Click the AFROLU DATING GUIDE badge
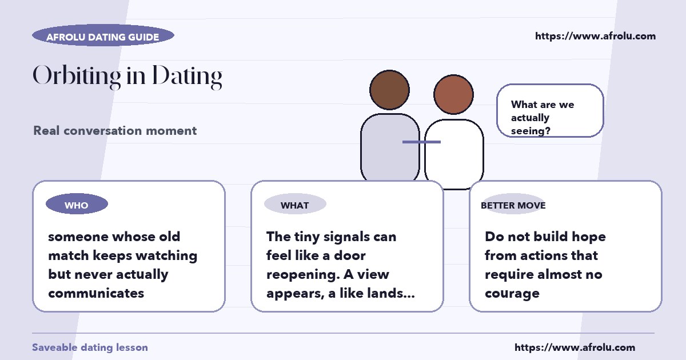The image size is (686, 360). click(x=103, y=35)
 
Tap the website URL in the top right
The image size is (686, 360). click(x=595, y=36)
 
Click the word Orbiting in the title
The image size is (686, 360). click(x=77, y=76)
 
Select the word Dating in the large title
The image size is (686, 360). click(x=187, y=77)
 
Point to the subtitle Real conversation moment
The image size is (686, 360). click(x=115, y=131)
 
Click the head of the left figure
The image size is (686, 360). click(x=389, y=90)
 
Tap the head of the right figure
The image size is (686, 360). click(x=453, y=94)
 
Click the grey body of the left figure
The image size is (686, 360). click(x=389, y=147)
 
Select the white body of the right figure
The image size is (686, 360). click(x=454, y=153)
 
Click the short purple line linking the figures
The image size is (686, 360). click(x=421, y=142)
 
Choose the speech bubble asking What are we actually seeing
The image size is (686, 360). click(x=550, y=110)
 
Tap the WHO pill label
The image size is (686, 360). click(x=77, y=204)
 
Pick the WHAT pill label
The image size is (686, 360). click(x=295, y=204)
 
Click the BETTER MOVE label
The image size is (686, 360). click(x=513, y=205)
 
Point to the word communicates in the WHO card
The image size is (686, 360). click(x=96, y=293)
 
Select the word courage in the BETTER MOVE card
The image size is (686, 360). click(x=512, y=294)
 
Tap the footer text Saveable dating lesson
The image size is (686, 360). click(x=90, y=347)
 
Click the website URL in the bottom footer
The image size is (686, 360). click(x=575, y=347)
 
